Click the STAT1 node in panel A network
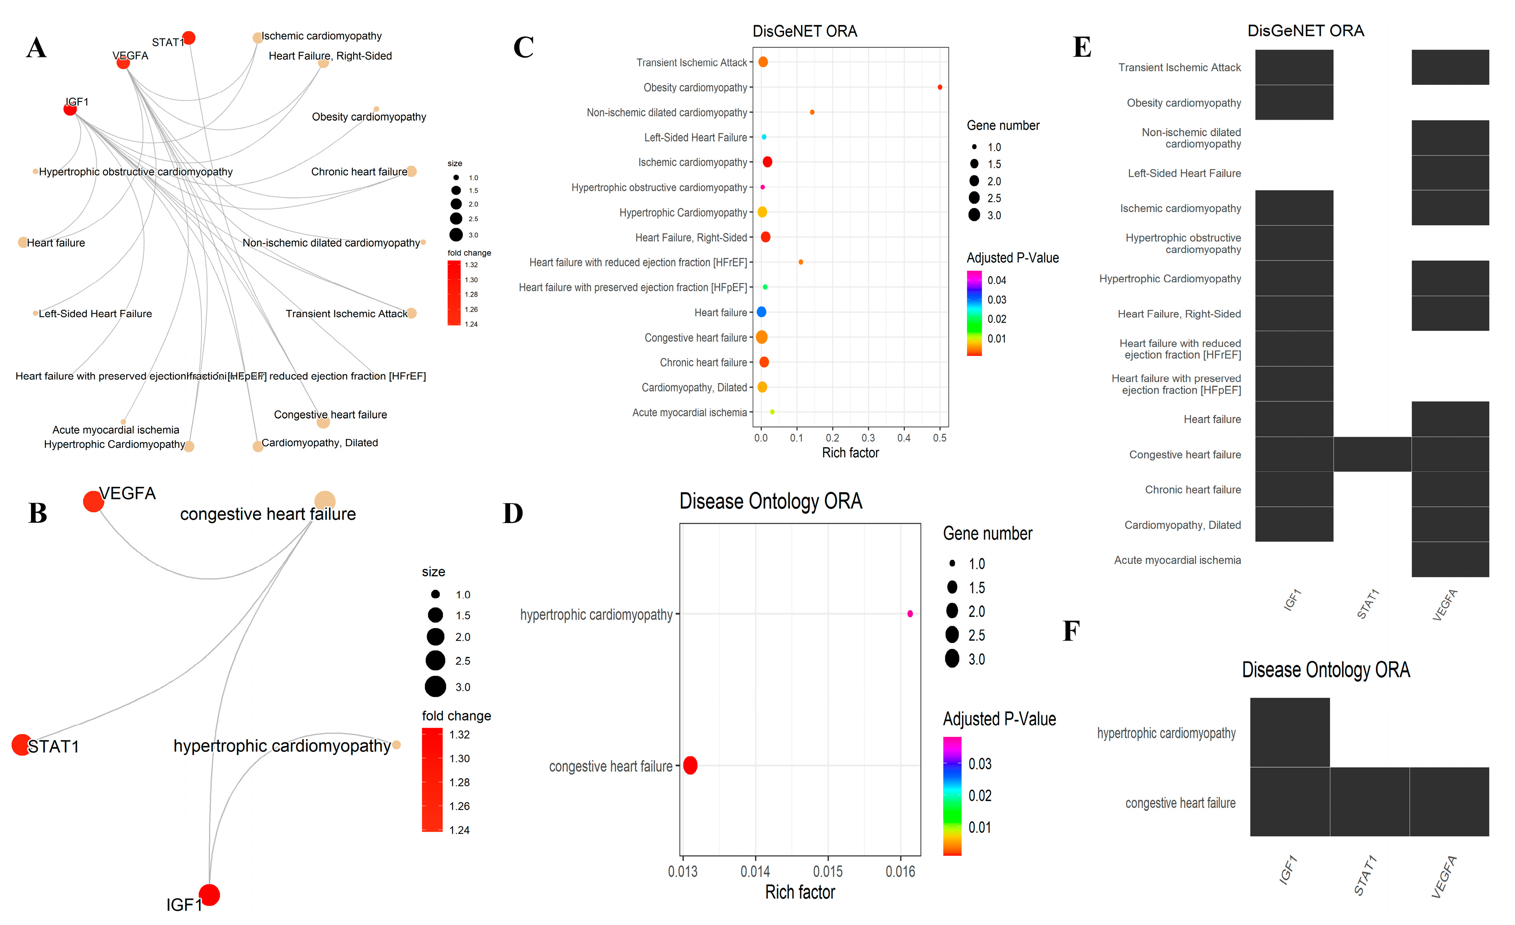189,38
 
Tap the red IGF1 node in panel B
209,895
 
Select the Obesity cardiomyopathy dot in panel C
939,87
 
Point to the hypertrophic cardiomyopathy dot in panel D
910,614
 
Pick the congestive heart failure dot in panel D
690,766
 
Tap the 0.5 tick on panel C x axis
939,438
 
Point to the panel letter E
1082,47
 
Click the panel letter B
38,513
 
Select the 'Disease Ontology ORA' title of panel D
770,501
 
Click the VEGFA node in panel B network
93,501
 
